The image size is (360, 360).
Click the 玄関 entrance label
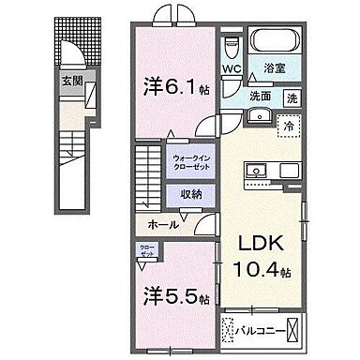(71, 82)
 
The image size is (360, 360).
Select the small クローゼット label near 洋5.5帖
(146, 251)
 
